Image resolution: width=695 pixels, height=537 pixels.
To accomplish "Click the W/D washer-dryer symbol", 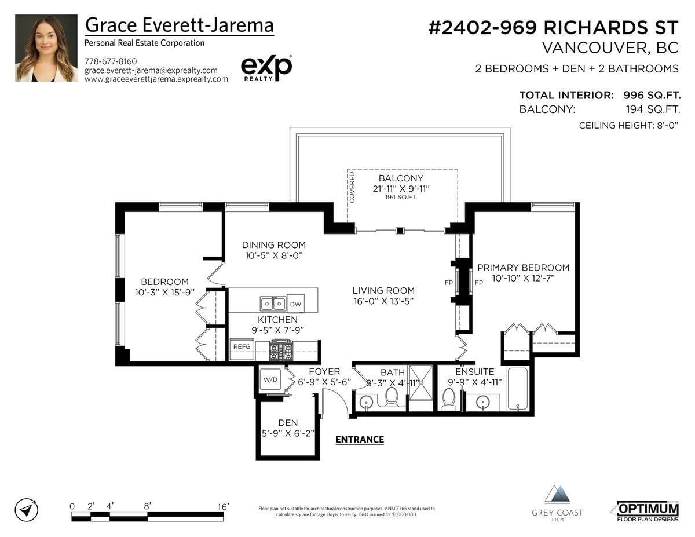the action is coord(270,379).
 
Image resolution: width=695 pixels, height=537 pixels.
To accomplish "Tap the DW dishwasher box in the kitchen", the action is coord(295,304).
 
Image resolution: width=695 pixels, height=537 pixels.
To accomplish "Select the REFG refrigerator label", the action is coord(242,346).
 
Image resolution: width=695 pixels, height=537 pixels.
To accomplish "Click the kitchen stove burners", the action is coord(281,350).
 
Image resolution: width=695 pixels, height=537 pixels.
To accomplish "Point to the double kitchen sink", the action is coord(273,303).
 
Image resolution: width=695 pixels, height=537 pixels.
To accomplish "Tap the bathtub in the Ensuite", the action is coord(517,389).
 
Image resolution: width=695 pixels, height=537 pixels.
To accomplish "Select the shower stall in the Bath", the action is coord(421,382).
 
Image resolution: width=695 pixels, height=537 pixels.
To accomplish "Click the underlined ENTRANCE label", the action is coord(360,440).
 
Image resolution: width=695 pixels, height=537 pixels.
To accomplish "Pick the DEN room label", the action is coord(288,423).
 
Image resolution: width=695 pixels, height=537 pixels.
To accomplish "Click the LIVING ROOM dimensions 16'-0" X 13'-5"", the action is coord(383,301).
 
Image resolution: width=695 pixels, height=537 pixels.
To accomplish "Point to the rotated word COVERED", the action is coord(352,187).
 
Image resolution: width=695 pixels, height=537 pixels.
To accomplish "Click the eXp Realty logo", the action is coord(266,68).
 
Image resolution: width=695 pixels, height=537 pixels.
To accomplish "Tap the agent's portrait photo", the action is coord(46,48).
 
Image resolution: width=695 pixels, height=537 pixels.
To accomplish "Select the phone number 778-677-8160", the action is coord(111,61).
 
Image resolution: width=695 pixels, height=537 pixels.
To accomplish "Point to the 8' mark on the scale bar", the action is coord(147,506).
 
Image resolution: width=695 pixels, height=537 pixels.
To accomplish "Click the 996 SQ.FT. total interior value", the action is coord(652,95).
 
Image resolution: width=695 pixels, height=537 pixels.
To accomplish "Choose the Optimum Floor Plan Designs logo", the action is coord(648,512).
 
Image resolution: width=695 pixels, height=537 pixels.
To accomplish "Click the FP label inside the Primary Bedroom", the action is coord(479,283).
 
